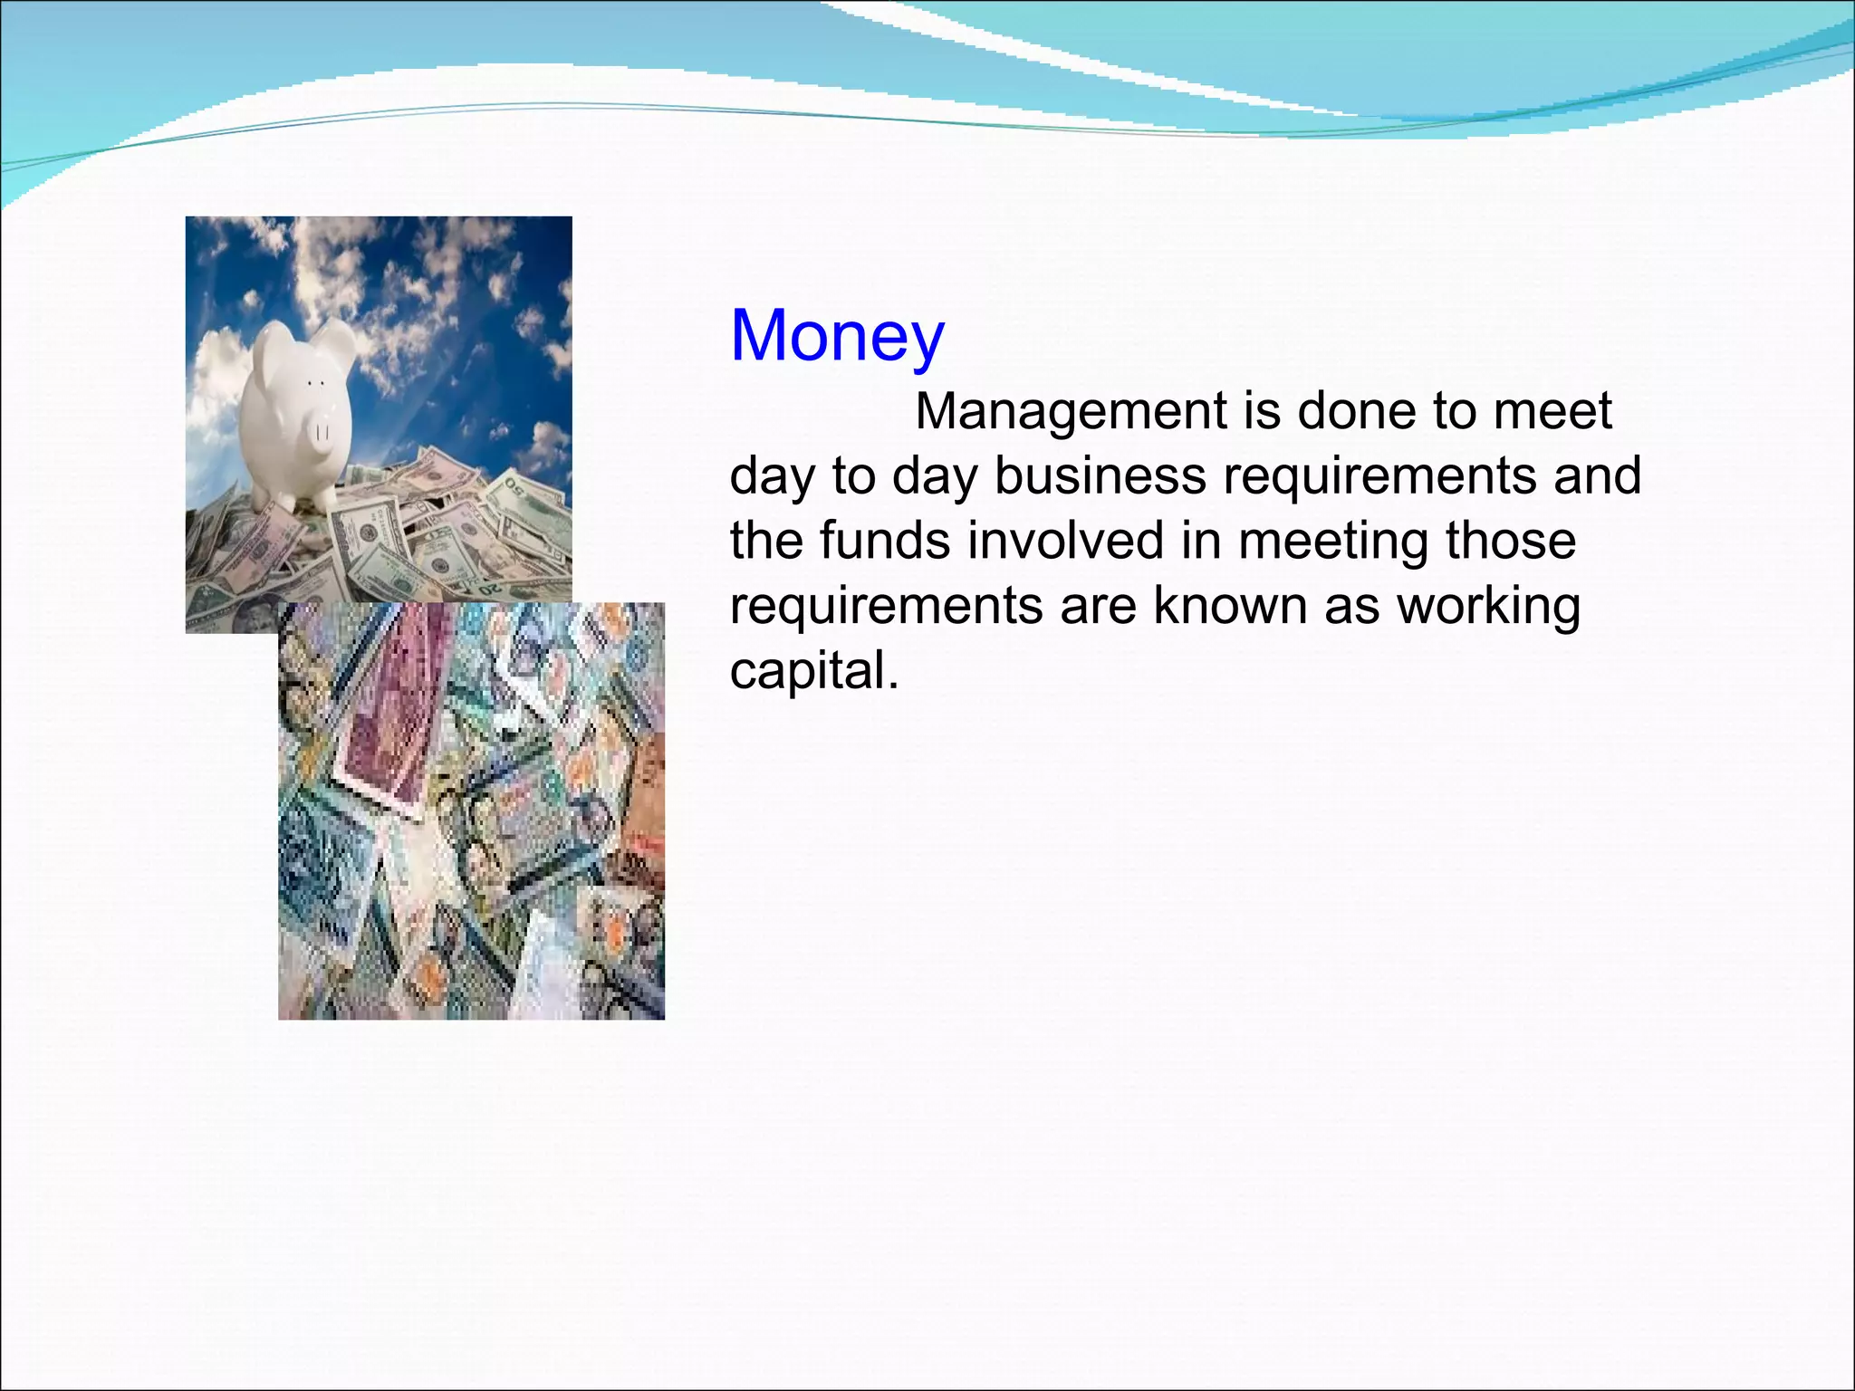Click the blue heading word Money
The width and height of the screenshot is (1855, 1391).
click(x=837, y=337)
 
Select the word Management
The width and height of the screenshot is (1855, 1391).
click(x=1070, y=412)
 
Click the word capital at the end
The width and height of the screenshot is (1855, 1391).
click(x=813, y=672)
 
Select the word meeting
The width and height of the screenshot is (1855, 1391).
click(x=1332, y=542)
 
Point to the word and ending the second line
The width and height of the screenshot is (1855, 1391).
click(x=1597, y=477)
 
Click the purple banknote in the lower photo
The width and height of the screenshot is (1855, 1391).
click(x=389, y=706)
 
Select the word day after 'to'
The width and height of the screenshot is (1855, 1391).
click(x=934, y=477)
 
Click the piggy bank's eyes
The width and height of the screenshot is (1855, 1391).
click(x=315, y=384)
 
